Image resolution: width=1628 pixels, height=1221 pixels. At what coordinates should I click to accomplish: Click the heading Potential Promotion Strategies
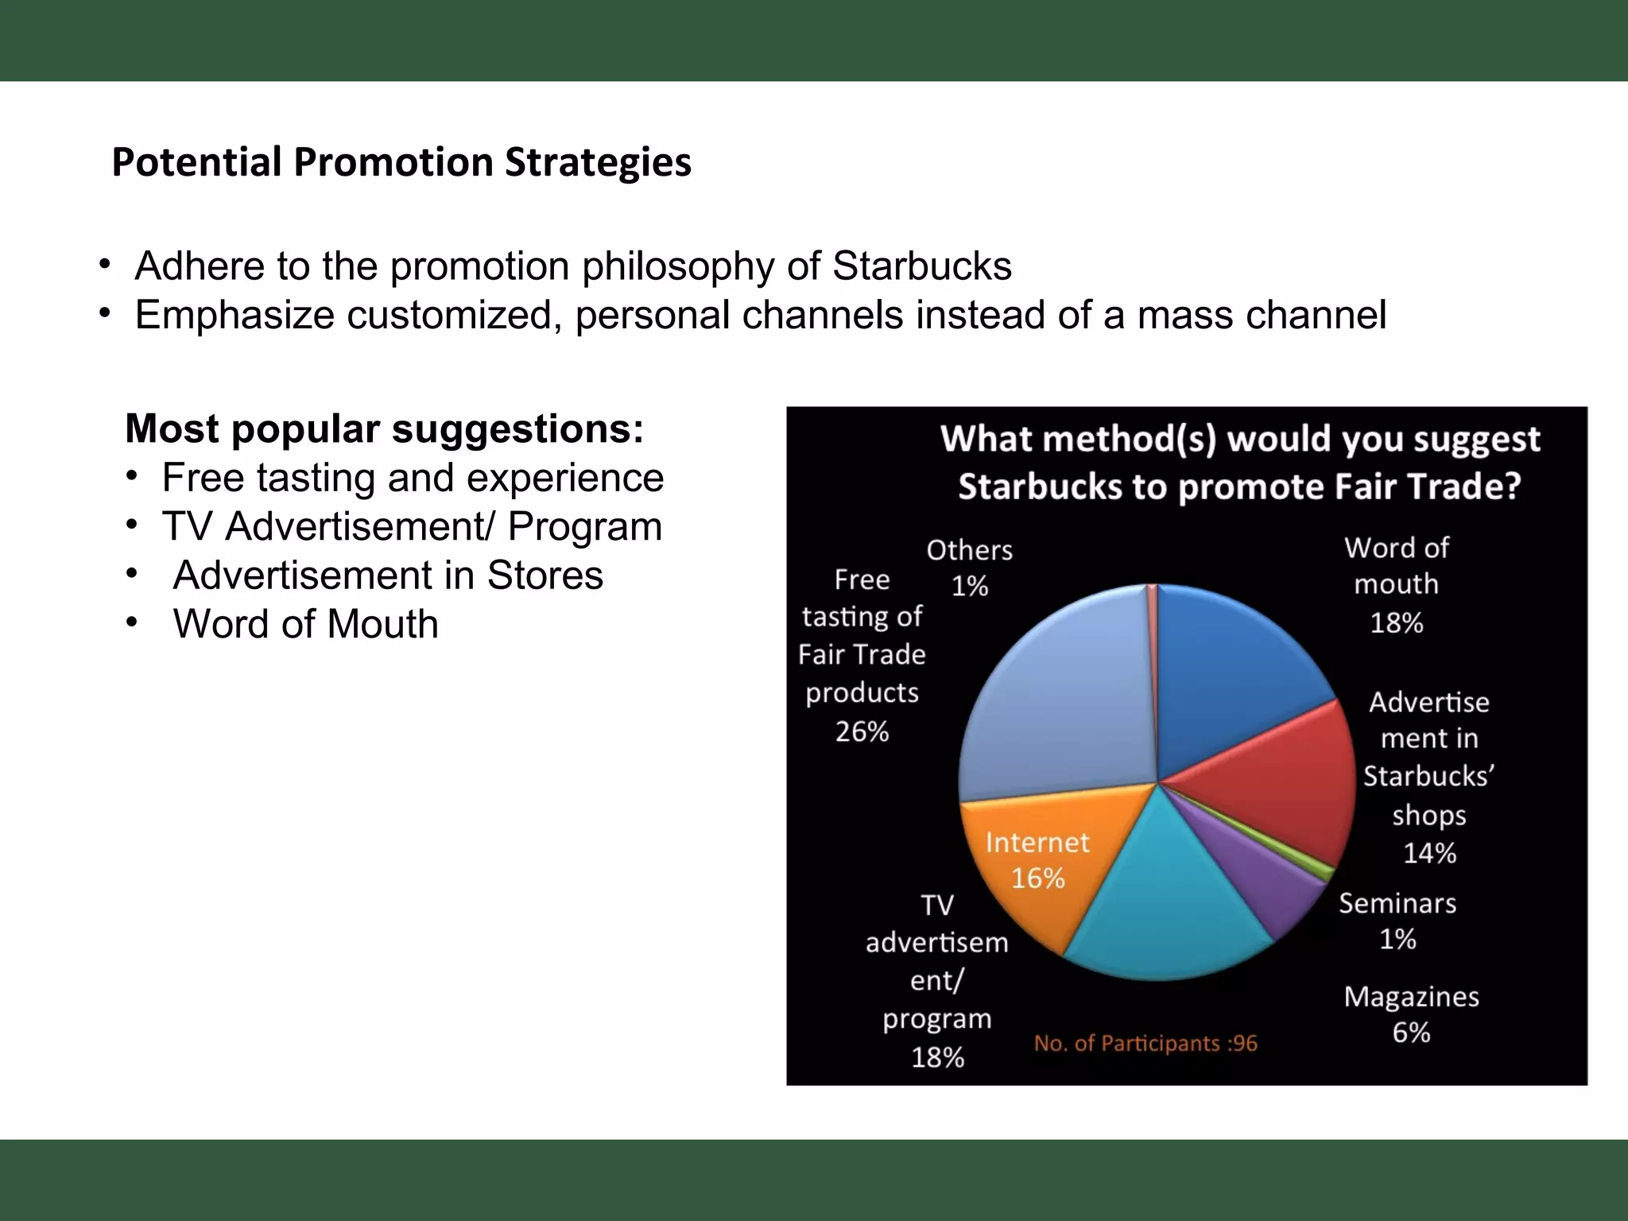pos(401,162)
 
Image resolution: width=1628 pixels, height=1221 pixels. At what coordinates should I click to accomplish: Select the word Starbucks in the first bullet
pos(921,266)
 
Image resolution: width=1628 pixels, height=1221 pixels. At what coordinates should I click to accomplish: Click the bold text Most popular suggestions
pos(384,429)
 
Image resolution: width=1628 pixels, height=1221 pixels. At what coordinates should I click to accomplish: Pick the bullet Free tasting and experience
pos(412,478)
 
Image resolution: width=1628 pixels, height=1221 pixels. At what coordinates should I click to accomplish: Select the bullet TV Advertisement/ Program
pos(411,526)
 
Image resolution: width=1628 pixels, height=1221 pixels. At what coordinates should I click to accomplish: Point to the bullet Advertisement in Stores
pos(387,575)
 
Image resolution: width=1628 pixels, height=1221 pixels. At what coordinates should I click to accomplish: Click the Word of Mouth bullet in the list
pos(305,624)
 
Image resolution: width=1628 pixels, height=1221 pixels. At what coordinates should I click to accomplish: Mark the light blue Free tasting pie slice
pos(1057,707)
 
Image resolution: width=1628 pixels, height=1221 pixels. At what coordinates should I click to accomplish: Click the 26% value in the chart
pos(862,731)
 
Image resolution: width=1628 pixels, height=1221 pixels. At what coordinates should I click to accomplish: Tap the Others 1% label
pos(969,568)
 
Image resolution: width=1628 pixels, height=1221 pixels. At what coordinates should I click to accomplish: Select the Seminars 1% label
pos(1397,921)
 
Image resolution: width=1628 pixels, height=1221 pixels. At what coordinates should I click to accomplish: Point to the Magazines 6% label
pos(1411,1014)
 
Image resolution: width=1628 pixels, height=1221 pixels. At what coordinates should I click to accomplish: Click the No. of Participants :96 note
pos(1145,1043)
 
